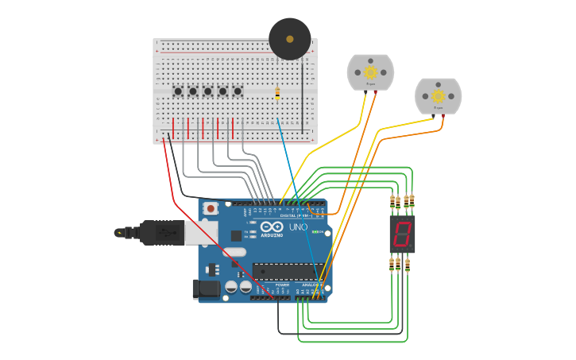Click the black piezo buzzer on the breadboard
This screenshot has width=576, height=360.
[x=289, y=39]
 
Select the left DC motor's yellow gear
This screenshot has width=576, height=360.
[x=370, y=72]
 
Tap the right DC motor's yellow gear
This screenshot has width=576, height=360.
[x=438, y=96]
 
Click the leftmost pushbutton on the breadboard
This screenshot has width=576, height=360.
[x=178, y=91]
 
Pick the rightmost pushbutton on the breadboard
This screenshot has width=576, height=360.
[x=238, y=91]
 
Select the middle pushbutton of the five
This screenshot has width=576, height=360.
[x=207, y=91]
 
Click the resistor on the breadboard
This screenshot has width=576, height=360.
[x=276, y=93]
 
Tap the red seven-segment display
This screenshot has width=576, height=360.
[x=402, y=234]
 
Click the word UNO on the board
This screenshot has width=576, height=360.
[x=298, y=228]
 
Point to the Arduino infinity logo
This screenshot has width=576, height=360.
[x=272, y=227]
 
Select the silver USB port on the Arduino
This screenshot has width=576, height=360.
[x=201, y=232]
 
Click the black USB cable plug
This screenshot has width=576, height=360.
[x=159, y=233]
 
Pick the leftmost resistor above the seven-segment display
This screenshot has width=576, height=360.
[x=392, y=202]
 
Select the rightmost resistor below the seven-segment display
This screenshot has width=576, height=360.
[x=408, y=265]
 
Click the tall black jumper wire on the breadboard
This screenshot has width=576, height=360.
[x=302, y=95]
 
